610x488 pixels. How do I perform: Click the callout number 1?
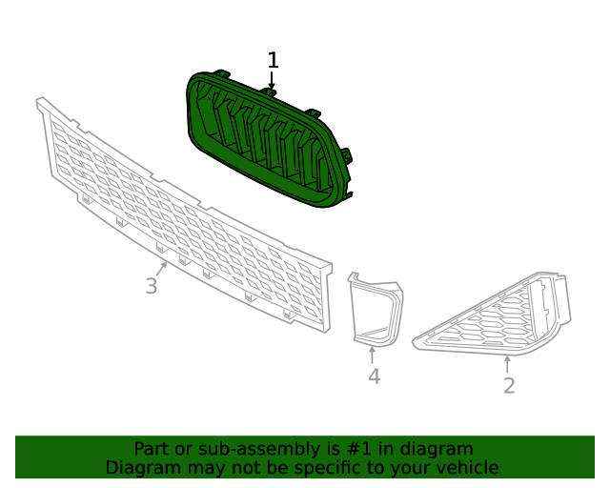coord(273,61)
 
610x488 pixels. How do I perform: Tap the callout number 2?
coord(509,385)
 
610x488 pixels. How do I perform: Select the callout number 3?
coord(152,285)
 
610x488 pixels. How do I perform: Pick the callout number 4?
coord(374,376)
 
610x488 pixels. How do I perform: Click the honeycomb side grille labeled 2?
coord(496,315)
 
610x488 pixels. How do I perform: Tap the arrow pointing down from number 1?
coord(273,83)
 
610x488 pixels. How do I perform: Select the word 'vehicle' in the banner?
coord(466,468)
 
